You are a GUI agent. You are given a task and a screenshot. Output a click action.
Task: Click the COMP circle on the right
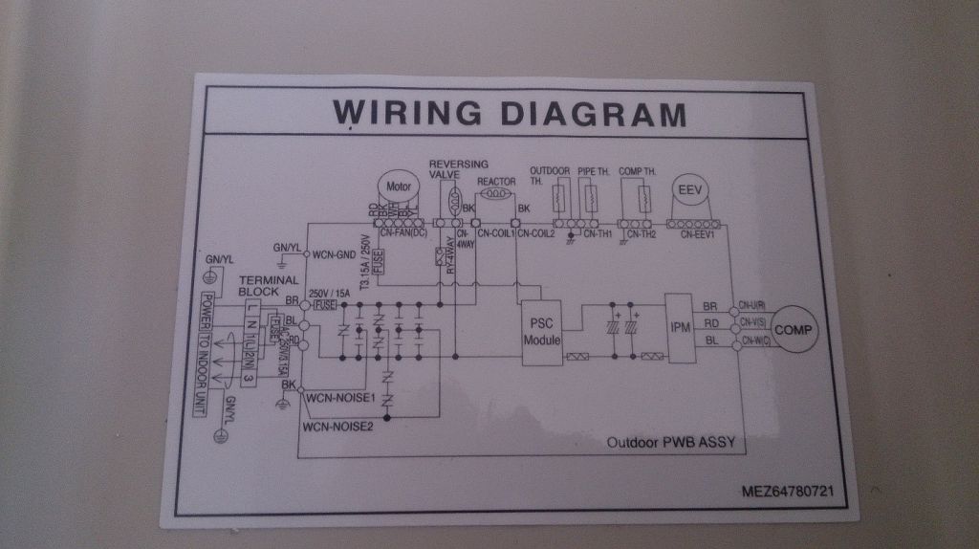(793, 329)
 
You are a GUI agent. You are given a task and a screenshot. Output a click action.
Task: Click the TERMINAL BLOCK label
(259, 284)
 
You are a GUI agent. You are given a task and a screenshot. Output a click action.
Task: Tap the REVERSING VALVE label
(458, 169)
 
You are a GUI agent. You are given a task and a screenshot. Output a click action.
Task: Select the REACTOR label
(496, 181)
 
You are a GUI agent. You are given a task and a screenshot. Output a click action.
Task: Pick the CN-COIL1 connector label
(496, 232)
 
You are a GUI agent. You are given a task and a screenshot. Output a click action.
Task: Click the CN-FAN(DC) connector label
(402, 232)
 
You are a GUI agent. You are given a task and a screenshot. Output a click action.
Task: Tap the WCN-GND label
(333, 254)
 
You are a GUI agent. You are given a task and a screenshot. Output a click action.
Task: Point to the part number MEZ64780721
(788, 492)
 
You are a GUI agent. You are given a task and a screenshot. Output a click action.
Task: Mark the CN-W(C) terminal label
(751, 341)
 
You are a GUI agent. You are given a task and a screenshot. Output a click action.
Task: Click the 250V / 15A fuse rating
(330, 293)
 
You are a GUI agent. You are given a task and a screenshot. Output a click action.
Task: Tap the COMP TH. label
(637, 171)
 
